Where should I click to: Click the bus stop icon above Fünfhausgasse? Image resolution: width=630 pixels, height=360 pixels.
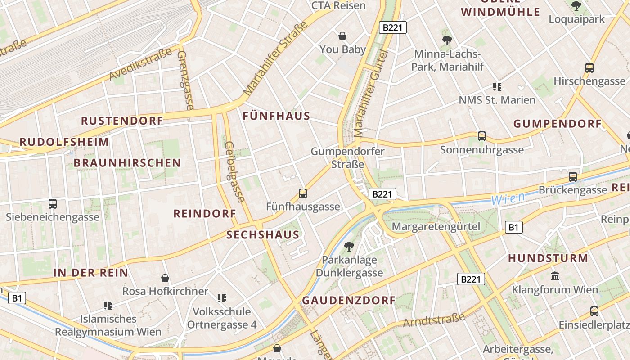tap(303, 193)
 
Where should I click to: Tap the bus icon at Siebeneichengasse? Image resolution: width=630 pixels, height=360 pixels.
tap(53, 204)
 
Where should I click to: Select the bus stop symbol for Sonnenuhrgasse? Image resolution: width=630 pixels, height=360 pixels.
tap(482, 136)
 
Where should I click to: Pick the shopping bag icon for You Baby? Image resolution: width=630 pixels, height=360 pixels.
tap(342, 36)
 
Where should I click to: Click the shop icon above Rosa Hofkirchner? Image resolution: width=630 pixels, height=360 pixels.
tap(165, 278)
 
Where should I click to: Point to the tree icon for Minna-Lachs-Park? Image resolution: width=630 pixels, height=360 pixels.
tap(447, 40)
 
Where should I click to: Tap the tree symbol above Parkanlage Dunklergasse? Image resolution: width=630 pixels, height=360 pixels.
tap(349, 246)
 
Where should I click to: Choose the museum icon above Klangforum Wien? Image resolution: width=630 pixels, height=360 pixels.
tap(555, 276)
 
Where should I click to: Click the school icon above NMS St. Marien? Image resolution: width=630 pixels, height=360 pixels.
tap(497, 86)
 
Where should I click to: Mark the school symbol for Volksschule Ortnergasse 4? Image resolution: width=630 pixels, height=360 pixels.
tap(221, 298)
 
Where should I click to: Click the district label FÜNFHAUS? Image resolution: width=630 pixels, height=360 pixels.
tap(276, 116)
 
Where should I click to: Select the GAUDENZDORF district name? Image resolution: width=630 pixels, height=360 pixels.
tap(349, 300)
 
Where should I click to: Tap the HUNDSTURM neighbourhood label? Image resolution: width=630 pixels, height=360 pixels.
tap(548, 258)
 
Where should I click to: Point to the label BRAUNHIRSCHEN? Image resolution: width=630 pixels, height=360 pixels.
tap(127, 163)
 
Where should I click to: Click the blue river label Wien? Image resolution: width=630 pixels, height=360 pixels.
tap(508, 198)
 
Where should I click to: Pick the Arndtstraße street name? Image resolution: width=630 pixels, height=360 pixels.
tap(434, 320)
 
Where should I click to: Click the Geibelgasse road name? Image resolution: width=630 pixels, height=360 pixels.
tap(234, 171)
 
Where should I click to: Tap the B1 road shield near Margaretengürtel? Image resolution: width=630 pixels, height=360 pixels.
tap(513, 227)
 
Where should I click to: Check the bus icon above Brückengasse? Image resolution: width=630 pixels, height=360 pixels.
tap(572, 177)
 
